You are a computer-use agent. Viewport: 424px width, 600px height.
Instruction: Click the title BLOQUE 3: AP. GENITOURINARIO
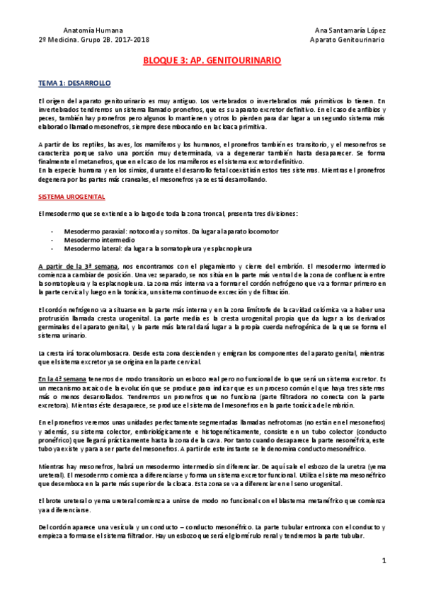[x=212, y=61]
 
